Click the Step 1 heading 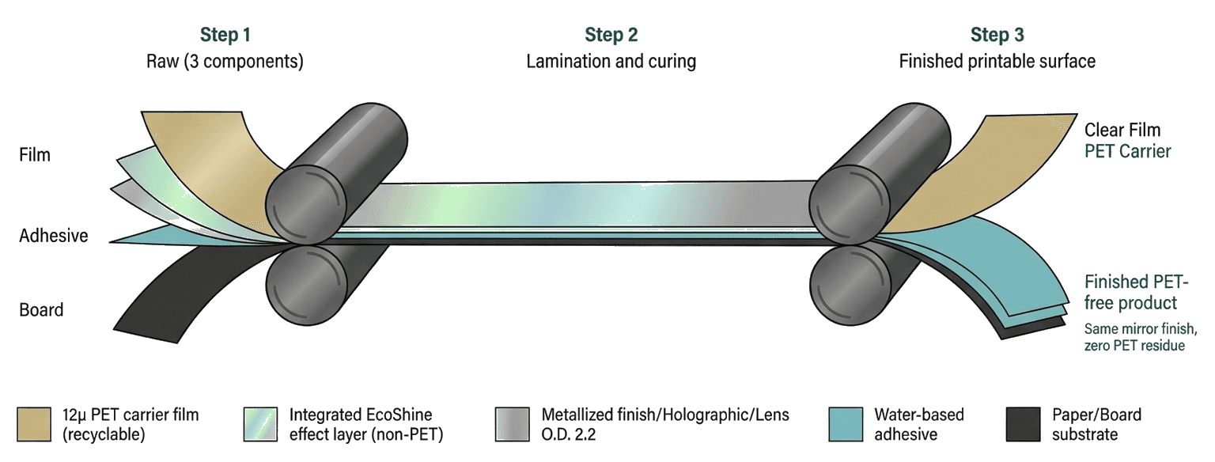click(x=225, y=35)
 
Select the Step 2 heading click(x=611, y=35)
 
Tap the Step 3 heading click(x=997, y=35)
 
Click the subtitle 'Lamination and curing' click(x=611, y=61)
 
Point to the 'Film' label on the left click(x=35, y=155)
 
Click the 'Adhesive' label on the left click(x=54, y=236)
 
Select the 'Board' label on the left click(x=41, y=310)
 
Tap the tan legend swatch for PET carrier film click(x=34, y=425)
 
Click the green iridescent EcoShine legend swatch click(x=260, y=425)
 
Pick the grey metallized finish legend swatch click(x=512, y=425)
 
